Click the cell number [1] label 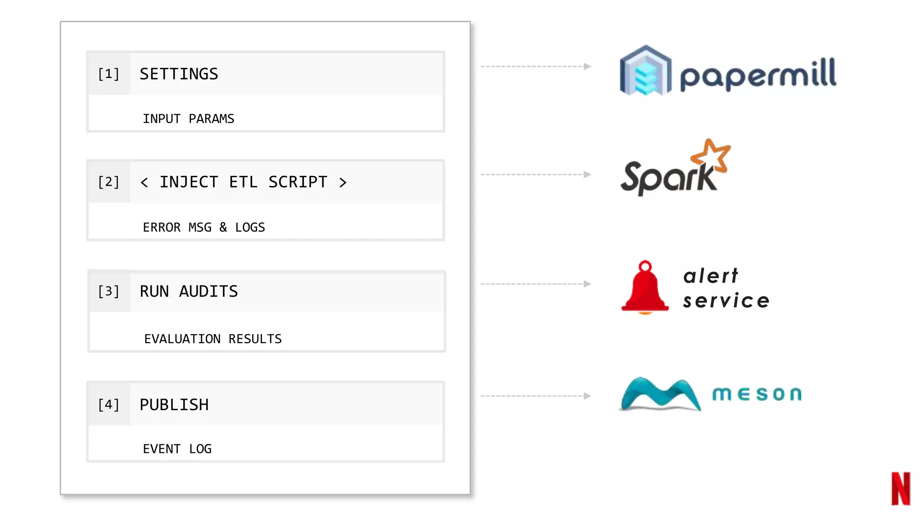tap(108, 74)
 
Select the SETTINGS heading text tap(179, 74)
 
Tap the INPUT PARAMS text tap(188, 119)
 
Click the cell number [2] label tap(108, 182)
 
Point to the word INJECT tap(189, 182)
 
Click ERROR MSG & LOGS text tap(203, 228)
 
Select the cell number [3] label tap(108, 291)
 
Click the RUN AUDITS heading tap(189, 291)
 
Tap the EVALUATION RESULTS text tap(212, 339)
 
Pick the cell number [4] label tap(108, 405)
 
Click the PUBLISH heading tap(174, 405)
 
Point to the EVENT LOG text tap(177, 449)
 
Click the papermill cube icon tap(646, 71)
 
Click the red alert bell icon tap(645, 288)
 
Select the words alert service tap(726, 288)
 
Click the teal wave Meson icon tap(659, 394)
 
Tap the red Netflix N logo tap(900, 489)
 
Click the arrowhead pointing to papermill tap(587, 67)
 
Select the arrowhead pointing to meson tap(587, 396)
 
